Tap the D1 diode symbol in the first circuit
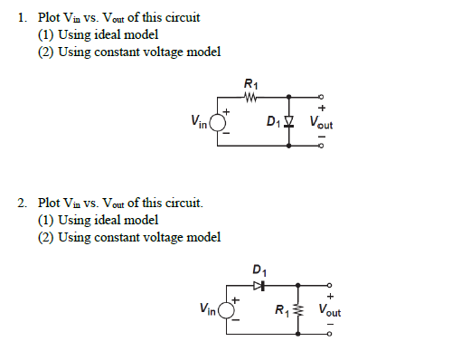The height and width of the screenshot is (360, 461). (289, 120)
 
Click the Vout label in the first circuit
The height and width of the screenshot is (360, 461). (321, 121)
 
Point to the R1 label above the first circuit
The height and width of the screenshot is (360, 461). (249, 84)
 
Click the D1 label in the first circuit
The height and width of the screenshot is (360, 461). (273, 121)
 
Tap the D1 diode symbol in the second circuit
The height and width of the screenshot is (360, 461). (259, 285)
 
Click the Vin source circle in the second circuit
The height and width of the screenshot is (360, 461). (225, 310)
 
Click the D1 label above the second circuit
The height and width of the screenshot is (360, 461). (259, 270)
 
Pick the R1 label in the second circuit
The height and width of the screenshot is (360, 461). (284, 312)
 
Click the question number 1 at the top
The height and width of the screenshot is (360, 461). (22, 18)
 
